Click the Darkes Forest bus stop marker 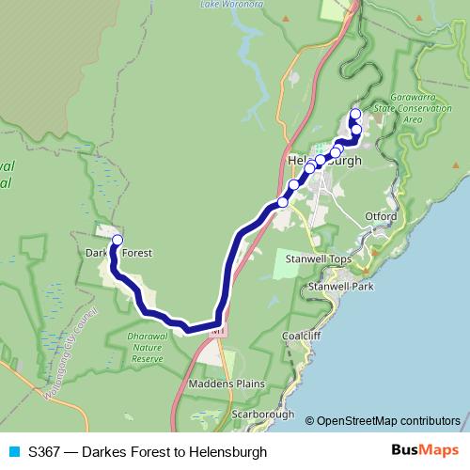click(117, 241)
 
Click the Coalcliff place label click(301, 335)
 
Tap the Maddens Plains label click(227, 384)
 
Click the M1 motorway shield click(218, 331)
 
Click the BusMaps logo click(423, 451)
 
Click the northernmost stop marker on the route click(355, 115)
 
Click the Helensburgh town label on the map click(324, 161)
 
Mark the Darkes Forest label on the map click(118, 252)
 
